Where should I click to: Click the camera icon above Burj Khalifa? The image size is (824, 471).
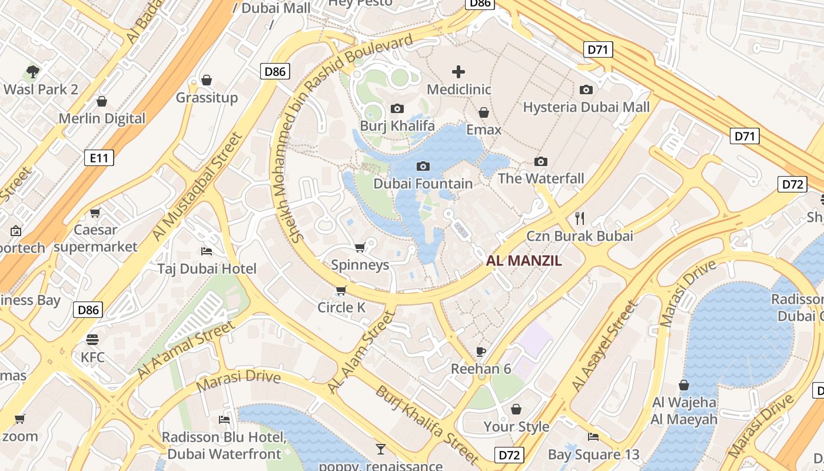pyautogui.click(x=397, y=108)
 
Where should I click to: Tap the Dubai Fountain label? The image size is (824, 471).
pyautogui.click(x=423, y=184)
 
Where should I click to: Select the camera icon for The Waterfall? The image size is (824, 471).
pyautogui.click(x=540, y=161)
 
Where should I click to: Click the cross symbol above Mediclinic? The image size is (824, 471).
pyautogui.click(x=458, y=72)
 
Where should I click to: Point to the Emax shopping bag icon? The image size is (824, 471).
pyautogui.click(x=484, y=112)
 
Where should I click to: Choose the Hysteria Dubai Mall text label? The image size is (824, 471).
pyautogui.click(x=586, y=107)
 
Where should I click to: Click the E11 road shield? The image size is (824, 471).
pyautogui.click(x=99, y=158)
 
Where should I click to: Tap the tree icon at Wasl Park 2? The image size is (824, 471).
pyautogui.click(x=33, y=72)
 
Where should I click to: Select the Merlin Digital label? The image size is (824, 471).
pyautogui.click(x=102, y=118)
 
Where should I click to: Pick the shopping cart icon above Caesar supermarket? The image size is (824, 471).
pyautogui.click(x=95, y=213)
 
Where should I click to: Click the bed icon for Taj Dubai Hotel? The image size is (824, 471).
pyautogui.click(x=207, y=251)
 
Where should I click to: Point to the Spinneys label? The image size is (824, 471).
pyautogui.click(x=360, y=265)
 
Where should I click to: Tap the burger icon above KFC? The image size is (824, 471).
pyautogui.click(x=92, y=339)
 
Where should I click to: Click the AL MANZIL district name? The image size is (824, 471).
pyautogui.click(x=524, y=261)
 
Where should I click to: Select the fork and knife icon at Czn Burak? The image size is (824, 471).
pyautogui.click(x=580, y=218)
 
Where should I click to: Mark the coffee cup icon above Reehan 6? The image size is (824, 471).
pyautogui.click(x=481, y=351)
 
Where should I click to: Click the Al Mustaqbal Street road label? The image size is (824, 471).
pyautogui.click(x=197, y=186)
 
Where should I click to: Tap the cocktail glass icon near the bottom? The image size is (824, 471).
pyautogui.click(x=381, y=449)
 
